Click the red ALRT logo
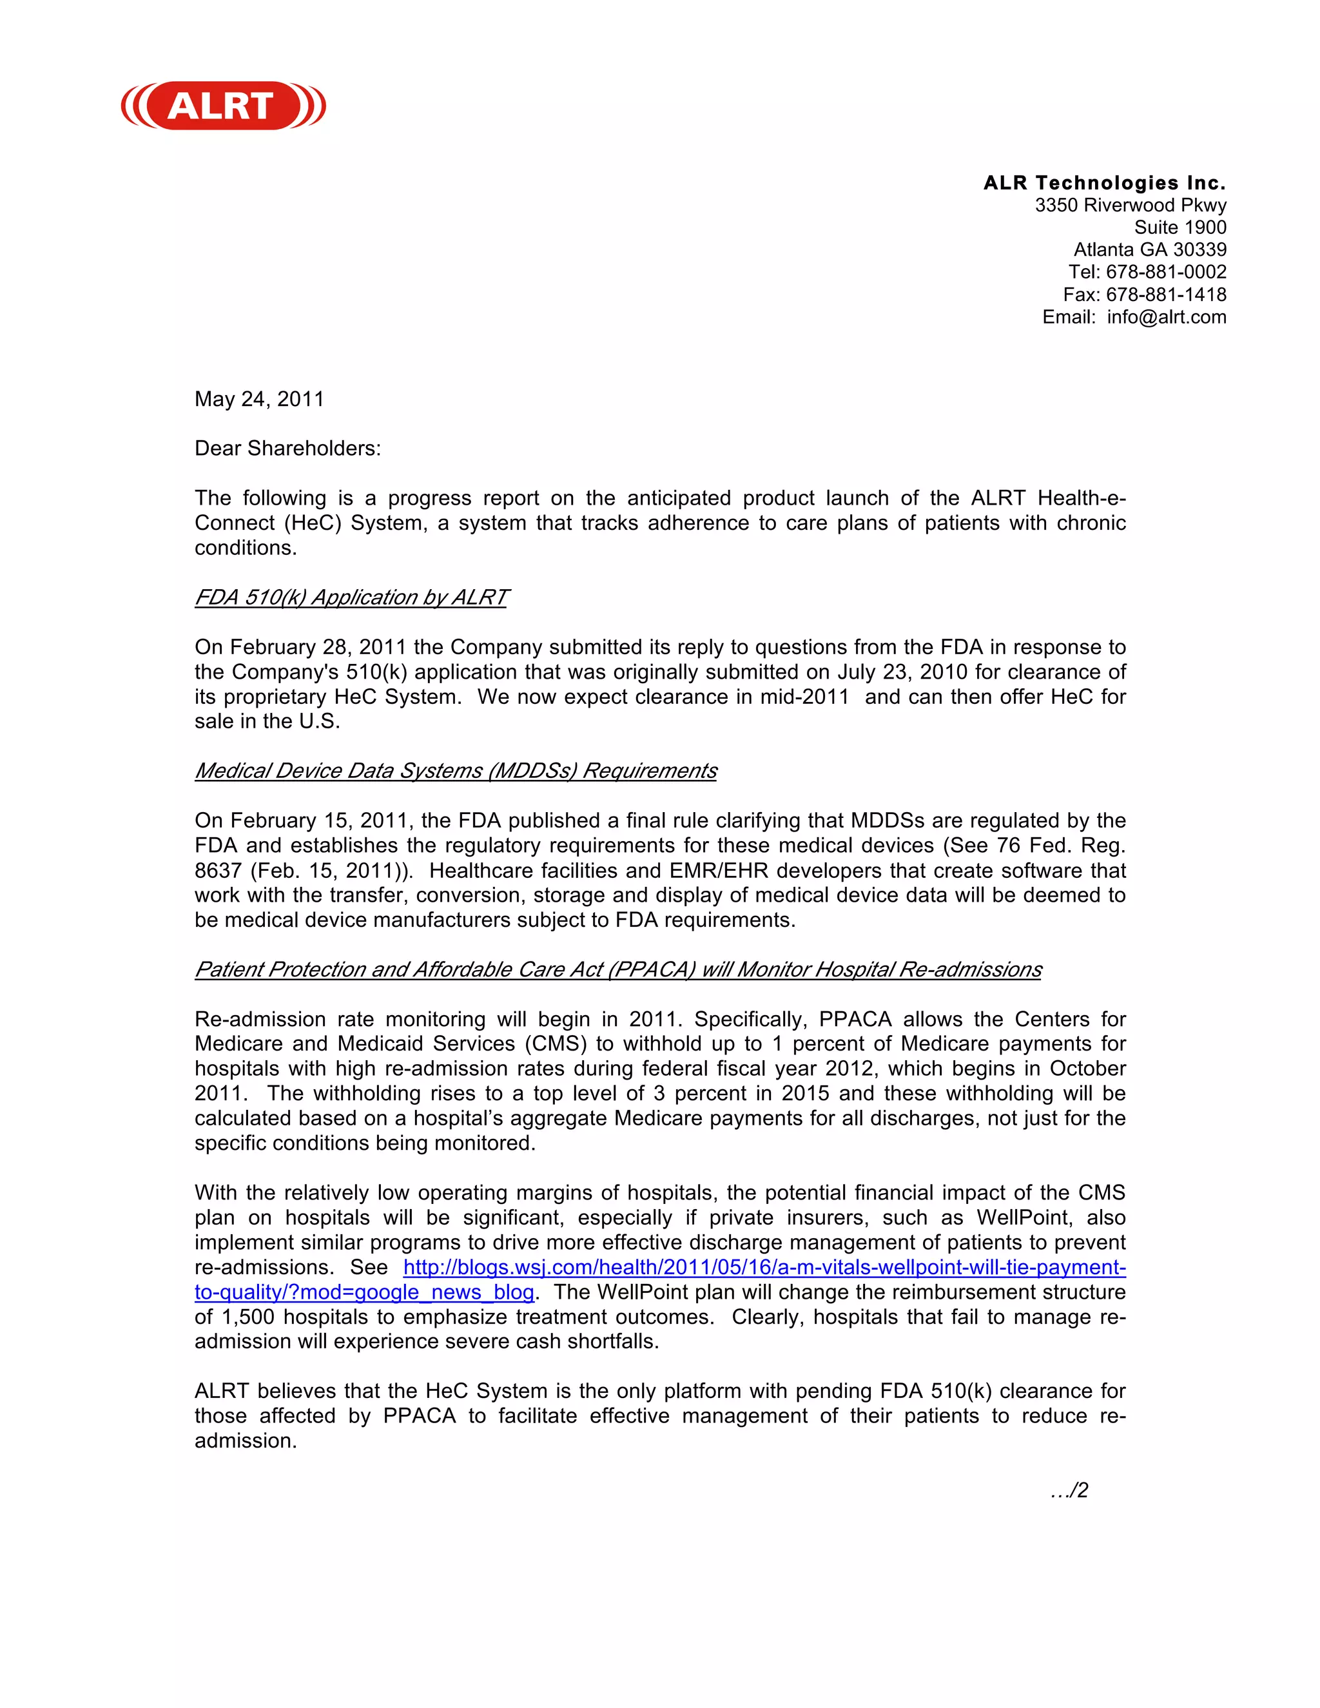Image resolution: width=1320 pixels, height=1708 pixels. (224, 106)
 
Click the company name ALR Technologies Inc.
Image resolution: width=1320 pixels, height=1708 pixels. (1104, 183)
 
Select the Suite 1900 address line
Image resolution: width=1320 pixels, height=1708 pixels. (1179, 228)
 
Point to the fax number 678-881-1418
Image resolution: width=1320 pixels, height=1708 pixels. (1165, 295)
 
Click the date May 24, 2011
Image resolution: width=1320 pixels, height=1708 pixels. (259, 400)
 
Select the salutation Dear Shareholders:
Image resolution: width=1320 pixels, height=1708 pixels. (287, 449)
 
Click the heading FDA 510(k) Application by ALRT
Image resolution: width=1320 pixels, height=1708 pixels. (351, 597)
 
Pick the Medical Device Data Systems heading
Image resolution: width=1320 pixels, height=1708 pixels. (455, 771)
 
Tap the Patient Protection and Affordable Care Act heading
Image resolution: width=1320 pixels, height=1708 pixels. (617, 970)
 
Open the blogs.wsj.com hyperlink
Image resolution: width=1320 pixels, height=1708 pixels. (764, 1268)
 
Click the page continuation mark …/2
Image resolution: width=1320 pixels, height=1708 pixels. (1069, 1491)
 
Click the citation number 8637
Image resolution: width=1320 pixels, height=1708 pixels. (217, 871)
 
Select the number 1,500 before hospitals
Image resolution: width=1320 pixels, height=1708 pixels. (248, 1318)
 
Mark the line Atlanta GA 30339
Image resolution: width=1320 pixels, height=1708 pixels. (1150, 250)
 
